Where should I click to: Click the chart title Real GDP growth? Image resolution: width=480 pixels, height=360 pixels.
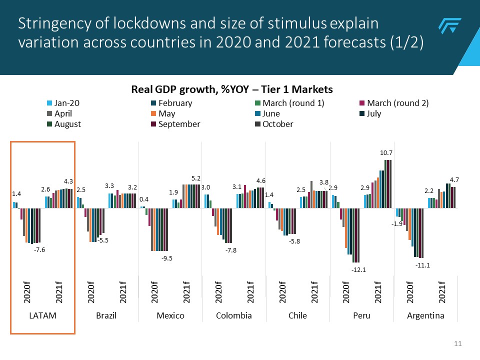pos(231,89)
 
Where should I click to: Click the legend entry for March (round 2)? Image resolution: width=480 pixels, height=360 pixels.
pos(397,103)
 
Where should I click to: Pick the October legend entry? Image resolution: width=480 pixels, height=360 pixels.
pos(277,124)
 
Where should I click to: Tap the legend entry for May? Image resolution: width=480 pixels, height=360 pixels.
pos(166,113)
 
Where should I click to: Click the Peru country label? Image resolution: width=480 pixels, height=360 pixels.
pos(361,315)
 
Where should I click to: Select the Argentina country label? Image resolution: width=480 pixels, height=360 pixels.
pos(425,315)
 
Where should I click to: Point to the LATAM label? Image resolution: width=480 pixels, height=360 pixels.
pos(42,315)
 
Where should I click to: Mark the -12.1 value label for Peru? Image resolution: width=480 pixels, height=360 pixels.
pos(358,270)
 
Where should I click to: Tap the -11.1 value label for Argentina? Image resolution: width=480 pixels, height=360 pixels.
pos(422,265)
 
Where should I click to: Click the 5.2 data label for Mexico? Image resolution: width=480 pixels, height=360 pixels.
pos(196,178)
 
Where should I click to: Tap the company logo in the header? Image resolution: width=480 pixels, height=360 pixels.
pos(449,26)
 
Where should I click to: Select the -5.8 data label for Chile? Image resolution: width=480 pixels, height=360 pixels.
pos(295,241)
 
